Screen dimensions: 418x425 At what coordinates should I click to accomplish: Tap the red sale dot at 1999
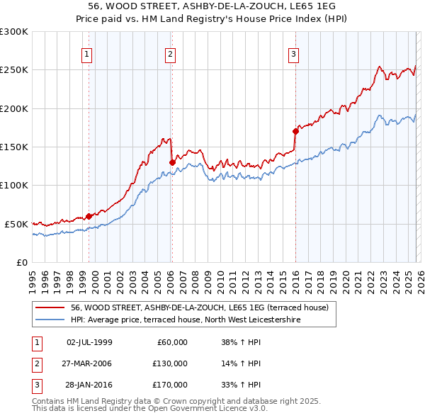[89, 216]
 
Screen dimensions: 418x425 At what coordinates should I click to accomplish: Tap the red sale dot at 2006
[172, 162]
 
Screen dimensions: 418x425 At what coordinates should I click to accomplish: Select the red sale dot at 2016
[295, 131]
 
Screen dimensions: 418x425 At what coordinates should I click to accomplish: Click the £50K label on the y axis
[16, 224]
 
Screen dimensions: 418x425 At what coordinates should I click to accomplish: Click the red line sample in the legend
[50, 308]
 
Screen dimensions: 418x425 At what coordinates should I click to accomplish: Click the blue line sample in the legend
[50, 320]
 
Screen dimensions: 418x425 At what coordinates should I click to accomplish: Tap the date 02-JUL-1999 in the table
[89, 342]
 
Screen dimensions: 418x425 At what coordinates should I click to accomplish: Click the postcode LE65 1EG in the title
[319, 6]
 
